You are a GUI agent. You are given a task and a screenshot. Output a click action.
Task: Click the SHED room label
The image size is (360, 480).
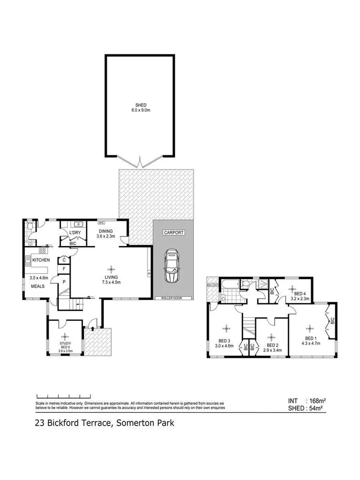coord(141,105)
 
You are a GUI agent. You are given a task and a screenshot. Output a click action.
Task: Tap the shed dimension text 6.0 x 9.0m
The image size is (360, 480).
coord(141,111)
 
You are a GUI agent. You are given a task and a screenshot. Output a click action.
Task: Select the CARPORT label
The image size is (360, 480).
coord(174,233)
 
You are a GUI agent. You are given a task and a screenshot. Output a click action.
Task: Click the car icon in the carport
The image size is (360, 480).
coord(173,266)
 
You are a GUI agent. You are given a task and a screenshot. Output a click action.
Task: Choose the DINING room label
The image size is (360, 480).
coord(106,231)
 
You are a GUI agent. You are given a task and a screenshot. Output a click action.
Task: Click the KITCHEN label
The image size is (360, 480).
coord(41,260)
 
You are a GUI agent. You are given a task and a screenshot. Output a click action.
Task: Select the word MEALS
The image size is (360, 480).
coord(37,286)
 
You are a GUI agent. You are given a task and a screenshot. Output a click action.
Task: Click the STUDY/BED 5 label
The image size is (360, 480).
coord(66,347)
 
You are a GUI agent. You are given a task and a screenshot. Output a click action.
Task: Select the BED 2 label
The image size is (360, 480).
coord(272,345)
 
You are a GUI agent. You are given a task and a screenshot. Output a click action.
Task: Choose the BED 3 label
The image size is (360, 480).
coord(225,341)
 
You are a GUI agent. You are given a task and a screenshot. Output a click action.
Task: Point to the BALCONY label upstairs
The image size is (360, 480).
coord(214,286)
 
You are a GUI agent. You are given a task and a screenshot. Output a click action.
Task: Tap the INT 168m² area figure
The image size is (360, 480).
coord(307,400)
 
